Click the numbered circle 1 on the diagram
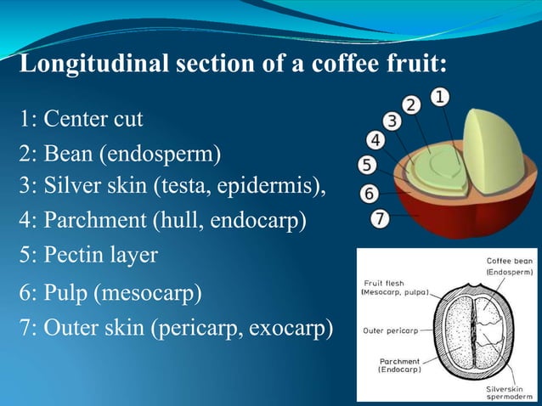[441, 98]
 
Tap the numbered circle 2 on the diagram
[412, 106]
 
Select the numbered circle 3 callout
[392, 121]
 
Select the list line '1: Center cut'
[81, 118]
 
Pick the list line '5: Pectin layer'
[88, 255]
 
